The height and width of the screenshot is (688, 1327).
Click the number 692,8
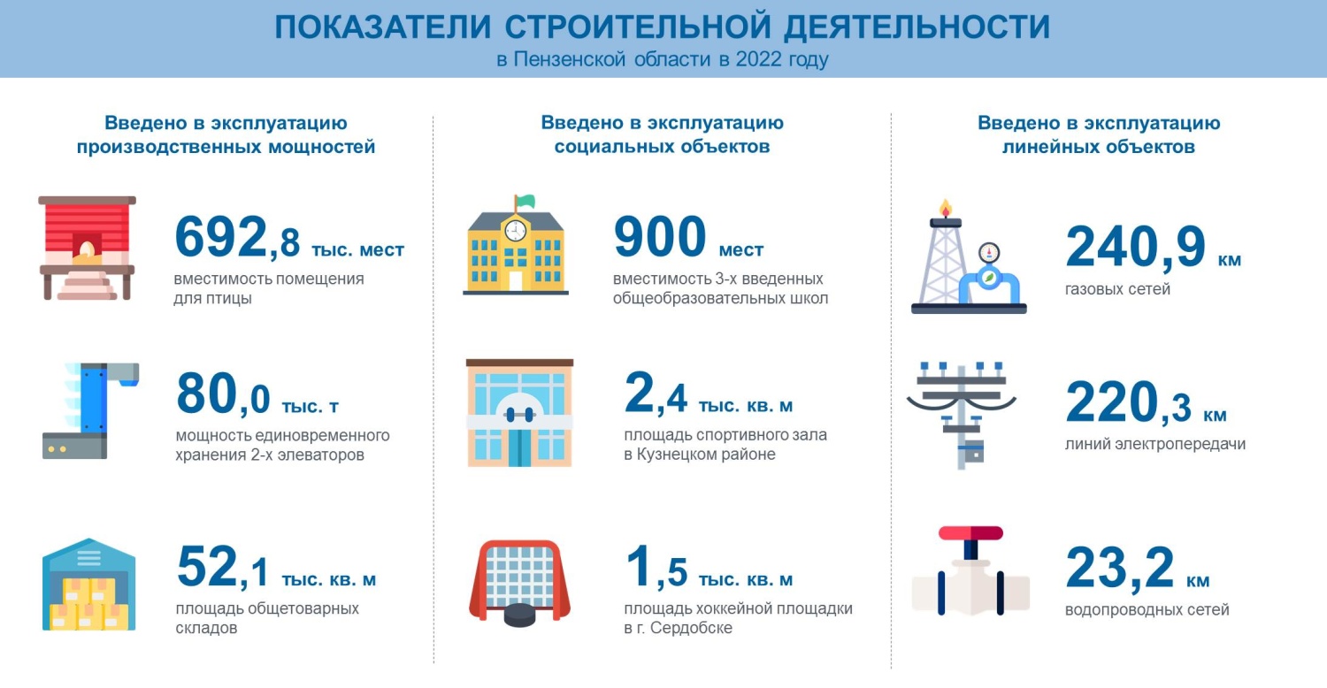[x=237, y=238]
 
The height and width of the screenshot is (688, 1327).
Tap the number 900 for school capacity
[x=659, y=238]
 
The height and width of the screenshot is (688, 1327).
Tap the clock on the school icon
[x=514, y=231]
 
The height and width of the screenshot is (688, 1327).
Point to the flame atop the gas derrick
[x=946, y=208]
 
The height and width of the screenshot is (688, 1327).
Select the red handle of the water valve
[x=970, y=533]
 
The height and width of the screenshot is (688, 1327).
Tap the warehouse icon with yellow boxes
[x=88, y=585]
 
